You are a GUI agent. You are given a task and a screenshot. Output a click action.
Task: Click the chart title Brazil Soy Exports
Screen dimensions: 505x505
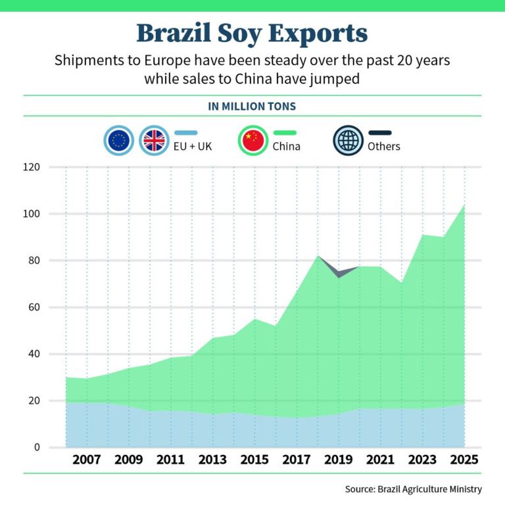[x=252, y=33]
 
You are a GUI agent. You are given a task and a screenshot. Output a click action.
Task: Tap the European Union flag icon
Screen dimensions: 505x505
[x=119, y=140]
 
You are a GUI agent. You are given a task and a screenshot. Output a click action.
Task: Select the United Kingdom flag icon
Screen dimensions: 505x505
[x=155, y=140]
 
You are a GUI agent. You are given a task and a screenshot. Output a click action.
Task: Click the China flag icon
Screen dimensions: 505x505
[x=253, y=140]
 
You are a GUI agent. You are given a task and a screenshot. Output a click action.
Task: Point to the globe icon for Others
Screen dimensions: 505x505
[x=348, y=140]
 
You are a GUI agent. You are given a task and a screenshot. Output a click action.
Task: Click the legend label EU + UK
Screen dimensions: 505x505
[x=193, y=146]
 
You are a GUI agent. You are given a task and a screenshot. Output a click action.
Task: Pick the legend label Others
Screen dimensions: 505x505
[x=383, y=146]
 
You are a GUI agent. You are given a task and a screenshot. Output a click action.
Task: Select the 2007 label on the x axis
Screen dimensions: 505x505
[x=86, y=460]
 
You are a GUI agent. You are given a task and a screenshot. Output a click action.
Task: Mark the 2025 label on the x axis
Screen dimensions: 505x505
[x=464, y=460]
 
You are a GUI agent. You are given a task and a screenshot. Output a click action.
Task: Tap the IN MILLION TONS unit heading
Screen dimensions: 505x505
[x=252, y=106]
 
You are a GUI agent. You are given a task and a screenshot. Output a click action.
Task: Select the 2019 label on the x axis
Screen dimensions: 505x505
[x=339, y=460]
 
